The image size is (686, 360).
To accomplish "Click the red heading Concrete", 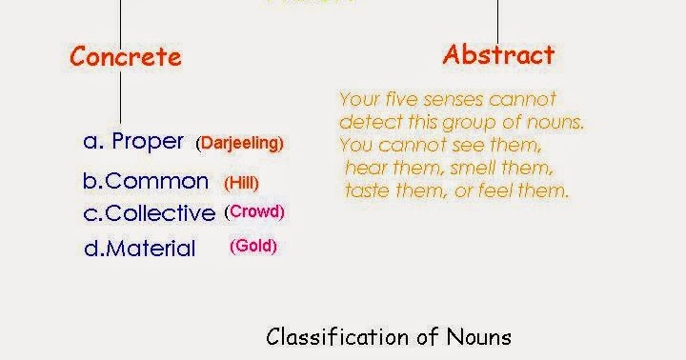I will [125, 56].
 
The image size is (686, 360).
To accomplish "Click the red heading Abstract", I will [498, 55].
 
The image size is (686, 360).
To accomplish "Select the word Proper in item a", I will [148, 142].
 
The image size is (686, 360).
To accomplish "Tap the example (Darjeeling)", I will [240, 144].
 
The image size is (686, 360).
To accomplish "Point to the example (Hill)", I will [242, 183].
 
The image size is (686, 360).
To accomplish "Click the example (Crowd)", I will [255, 211].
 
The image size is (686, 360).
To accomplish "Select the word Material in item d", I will [151, 249].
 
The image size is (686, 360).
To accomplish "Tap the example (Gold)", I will [253, 247].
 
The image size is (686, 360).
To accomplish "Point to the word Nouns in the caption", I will [479, 337].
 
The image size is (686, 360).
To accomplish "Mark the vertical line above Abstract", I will [497, 19].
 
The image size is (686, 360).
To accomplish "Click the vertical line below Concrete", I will [120, 95].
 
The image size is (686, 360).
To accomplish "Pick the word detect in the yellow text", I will [364, 123].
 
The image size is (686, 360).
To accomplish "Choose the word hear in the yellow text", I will [365, 169].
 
